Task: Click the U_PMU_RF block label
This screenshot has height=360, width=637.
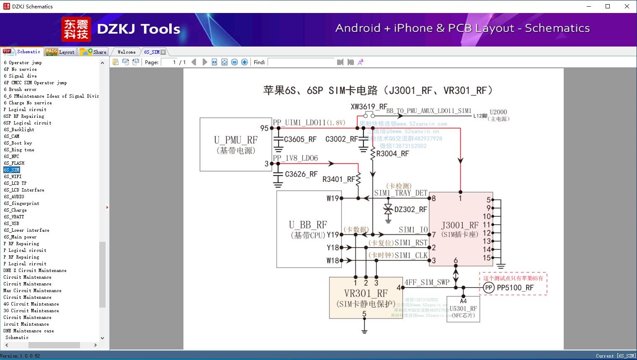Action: (236, 140)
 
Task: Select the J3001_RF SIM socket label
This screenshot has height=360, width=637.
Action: (459, 225)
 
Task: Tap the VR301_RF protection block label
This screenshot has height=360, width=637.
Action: (366, 293)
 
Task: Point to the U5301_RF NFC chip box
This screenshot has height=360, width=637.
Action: (463, 309)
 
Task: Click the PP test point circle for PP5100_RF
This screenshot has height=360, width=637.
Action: (488, 287)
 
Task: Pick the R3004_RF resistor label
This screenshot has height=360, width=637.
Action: (392, 154)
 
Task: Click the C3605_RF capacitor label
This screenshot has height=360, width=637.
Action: (300, 140)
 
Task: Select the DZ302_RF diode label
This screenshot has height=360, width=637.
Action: (410, 210)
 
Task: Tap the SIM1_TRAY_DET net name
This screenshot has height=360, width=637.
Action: (400, 193)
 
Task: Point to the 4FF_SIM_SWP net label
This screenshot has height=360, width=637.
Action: (427, 282)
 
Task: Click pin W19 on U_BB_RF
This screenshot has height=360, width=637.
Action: (333, 198)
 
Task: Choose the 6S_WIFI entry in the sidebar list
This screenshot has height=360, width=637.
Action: (13, 176)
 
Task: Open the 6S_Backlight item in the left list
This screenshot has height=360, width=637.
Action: (19, 129)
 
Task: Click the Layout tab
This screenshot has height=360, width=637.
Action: (60, 52)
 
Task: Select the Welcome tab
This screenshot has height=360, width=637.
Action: (126, 52)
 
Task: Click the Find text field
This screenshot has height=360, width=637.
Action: (302, 62)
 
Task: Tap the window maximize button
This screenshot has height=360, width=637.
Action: (608, 6)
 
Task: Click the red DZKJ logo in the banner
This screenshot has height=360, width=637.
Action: (76, 29)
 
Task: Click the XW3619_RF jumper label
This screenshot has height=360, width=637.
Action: (369, 106)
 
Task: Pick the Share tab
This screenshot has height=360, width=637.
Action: (94, 52)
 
